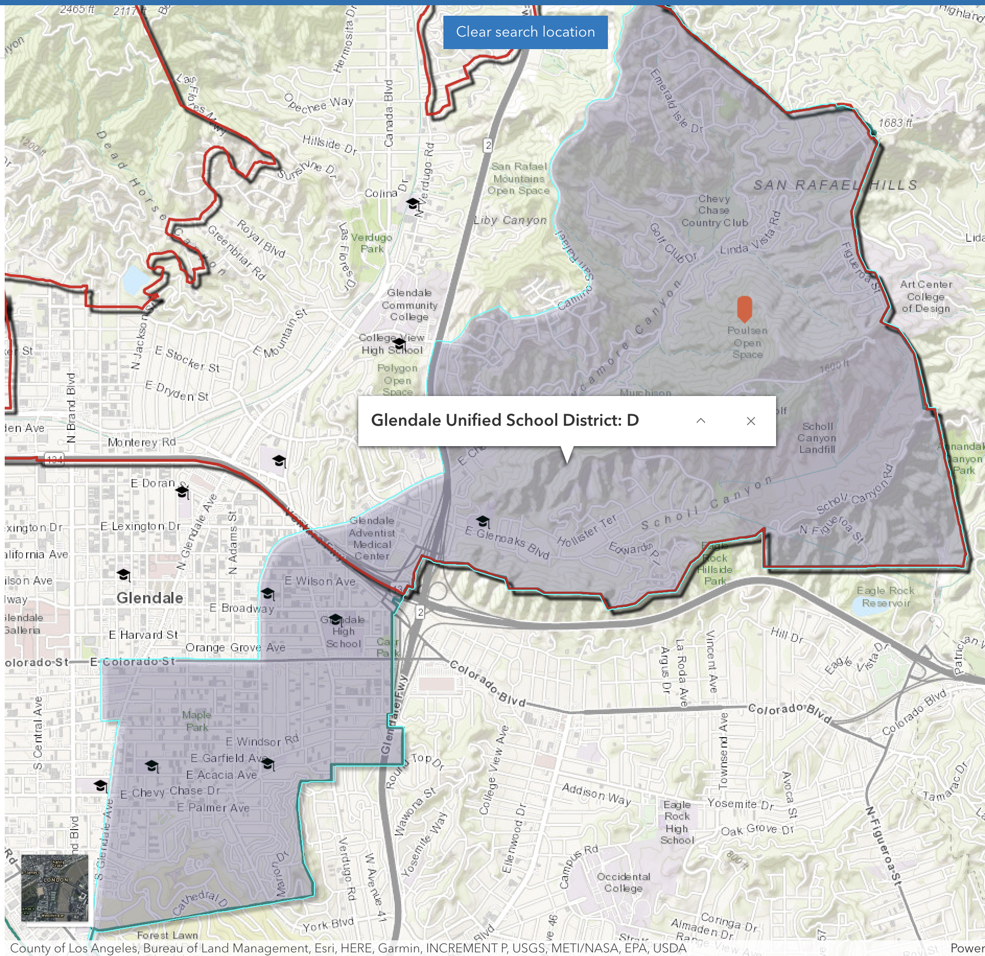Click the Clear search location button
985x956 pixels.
[525, 32]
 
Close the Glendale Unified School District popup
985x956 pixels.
[751, 421]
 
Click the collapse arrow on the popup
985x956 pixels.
[701, 421]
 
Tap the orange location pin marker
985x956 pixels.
[744, 308]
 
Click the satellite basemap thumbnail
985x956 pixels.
[55, 888]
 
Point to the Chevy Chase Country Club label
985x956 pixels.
[714, 211]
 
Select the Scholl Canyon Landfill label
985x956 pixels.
[817, 438]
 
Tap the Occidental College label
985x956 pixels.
[624, 882]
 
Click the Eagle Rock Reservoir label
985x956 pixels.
[886, 597]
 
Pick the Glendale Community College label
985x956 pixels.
[409, 305]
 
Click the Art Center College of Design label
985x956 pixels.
[926, 296]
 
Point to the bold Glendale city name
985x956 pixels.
[150, 598]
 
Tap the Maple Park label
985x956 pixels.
[197, 721]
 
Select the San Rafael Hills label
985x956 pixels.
[835, 185]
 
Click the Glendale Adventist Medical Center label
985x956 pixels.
[372, 538]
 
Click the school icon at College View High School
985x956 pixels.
[400, 344]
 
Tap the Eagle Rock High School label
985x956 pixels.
[677, 822]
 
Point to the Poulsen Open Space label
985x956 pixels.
[747, 343]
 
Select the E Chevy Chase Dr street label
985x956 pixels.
[170, 792]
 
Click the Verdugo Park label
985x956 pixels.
[372, 243]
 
